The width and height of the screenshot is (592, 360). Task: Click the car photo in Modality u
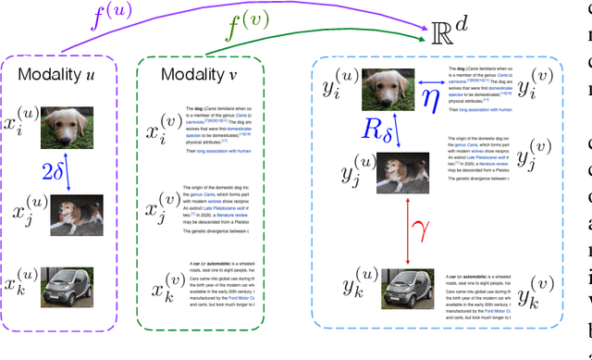tap(67, 288)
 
